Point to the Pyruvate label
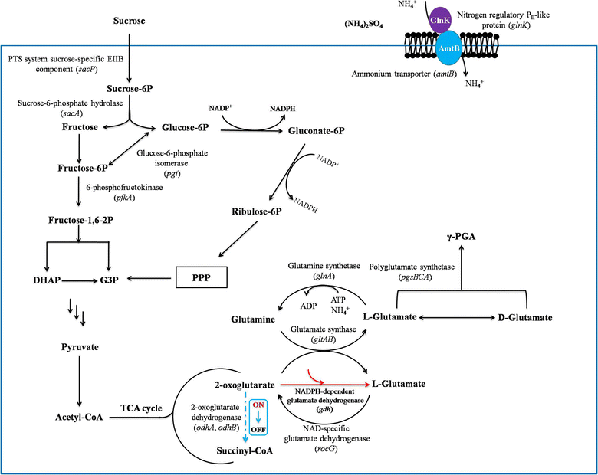click(x=79, y=348)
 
